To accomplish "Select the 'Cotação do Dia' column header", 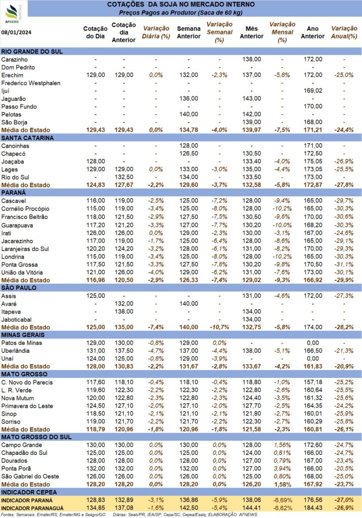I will click(95, 32).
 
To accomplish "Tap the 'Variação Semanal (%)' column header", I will click(220, 31).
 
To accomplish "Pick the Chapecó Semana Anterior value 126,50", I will click(188, 153).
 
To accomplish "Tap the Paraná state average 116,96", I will click(95, 279).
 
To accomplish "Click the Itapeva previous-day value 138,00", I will click(124, 311).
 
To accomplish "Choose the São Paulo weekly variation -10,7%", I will click(220, 327).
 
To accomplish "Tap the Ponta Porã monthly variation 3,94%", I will click(282, 468).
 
